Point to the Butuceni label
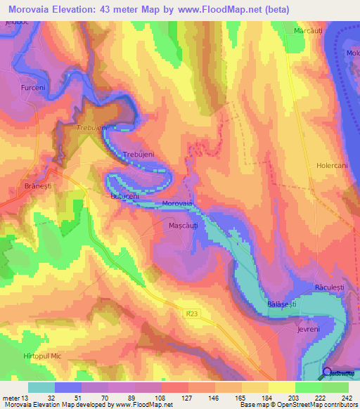point(128,197)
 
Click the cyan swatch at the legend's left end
point(41,387)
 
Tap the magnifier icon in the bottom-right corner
point(328,374)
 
